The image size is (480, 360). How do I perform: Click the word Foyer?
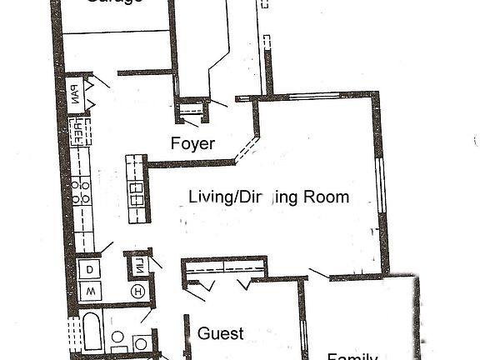click(x=192, y=143)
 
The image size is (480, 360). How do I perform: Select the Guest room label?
click(x=221, y=334)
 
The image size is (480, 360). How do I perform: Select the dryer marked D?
click(x=89, y=269)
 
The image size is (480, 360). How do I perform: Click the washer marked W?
click(x=89, y=291)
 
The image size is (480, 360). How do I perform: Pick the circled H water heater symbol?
click(x=138, y=291)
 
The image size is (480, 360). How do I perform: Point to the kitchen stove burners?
click(x=81, y=192)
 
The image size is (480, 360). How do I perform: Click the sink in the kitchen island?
click(x=136, y=193)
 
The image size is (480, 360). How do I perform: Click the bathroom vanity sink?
click(x=142, y=342)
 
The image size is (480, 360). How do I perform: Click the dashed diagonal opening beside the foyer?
click(x=245, y=150)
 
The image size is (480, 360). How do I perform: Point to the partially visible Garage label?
click(x=116, y=2)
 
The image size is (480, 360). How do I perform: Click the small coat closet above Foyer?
click(x=193, y=109)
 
